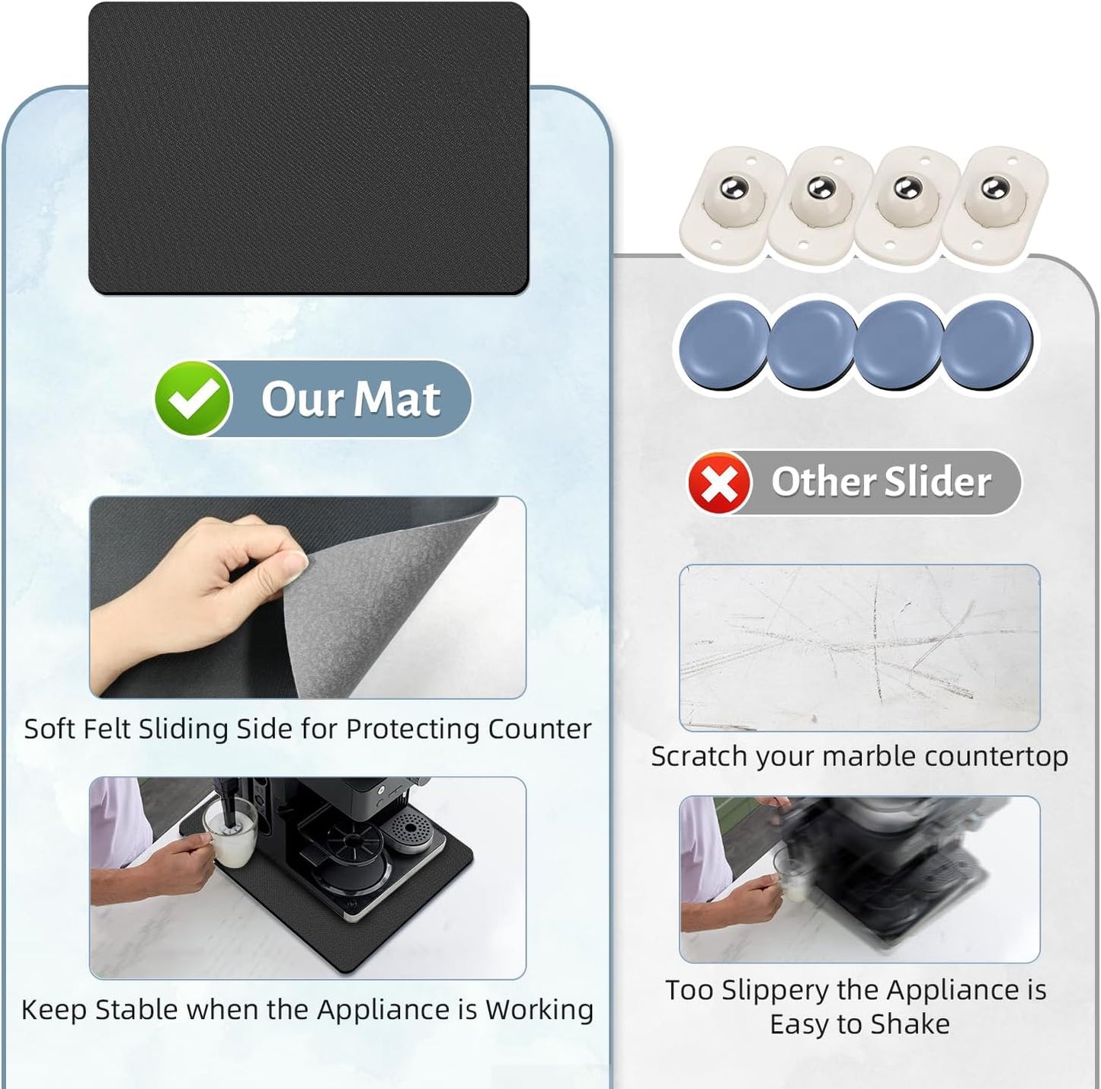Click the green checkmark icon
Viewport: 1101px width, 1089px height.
(193, 398)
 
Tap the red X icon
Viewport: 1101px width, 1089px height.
(719, 482)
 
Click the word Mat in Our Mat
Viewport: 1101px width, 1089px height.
(397, 398)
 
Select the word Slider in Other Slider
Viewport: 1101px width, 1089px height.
(938, 482)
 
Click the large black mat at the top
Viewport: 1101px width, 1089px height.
(309, 148)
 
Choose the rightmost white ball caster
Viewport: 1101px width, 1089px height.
(995, 201)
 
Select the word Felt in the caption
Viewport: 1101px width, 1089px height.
(107, 729)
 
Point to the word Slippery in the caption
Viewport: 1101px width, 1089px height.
(773, 990)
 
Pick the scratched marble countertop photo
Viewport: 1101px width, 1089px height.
(859, 648)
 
